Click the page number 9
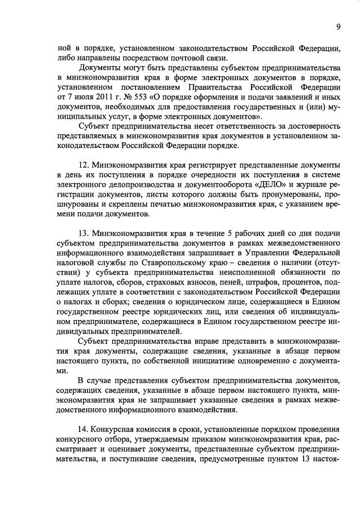coord(338,27)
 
